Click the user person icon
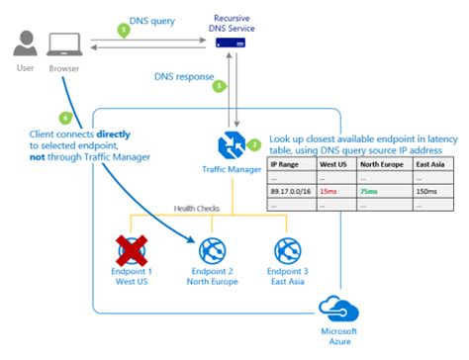(x=28, y=43)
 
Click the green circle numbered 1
(x=124, y=30)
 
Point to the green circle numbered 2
(x=254, y=144)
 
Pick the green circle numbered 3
(x=220, y=85)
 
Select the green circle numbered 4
(x=39, y=118)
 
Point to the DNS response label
(x=184, y=75)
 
